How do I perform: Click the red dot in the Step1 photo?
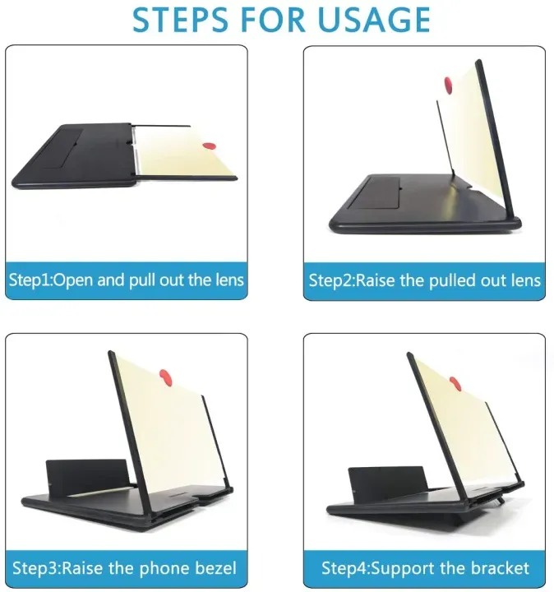[209, 146]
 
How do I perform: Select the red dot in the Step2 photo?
[448, 84]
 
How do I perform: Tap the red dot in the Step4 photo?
[455, 383]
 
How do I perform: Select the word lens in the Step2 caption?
[524, 280]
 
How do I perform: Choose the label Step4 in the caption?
[340, 568]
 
